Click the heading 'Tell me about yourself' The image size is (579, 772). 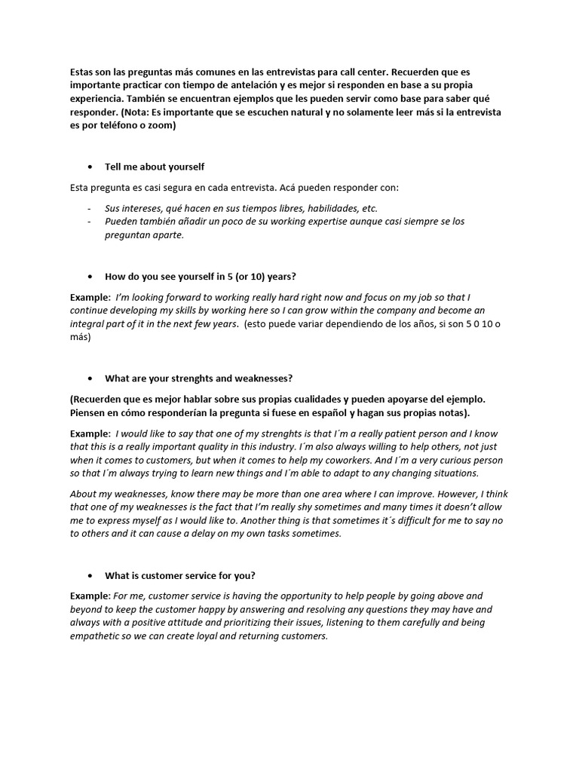click(154, 167)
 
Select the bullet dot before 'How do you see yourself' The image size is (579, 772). click(90, 276)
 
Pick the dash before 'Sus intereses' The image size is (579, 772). click(90, 208)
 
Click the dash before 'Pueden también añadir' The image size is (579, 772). click(90, 222)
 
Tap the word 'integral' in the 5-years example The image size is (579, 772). click(88, 324)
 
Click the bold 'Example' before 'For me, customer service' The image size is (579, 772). click(90, 596)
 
